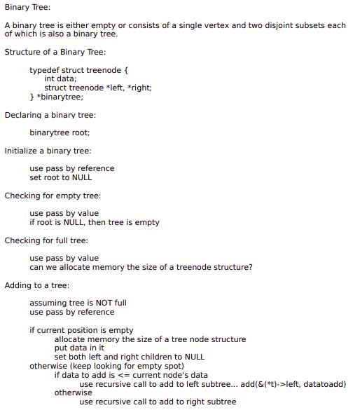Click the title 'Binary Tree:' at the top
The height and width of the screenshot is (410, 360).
click(x=26, y=7)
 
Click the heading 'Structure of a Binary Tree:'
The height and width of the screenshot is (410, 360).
click(x=55, y=53)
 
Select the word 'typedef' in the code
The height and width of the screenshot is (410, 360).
click(x=43, y=71)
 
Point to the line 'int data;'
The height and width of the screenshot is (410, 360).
click(x=60, y=79)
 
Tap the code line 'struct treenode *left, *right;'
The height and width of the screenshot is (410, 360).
click(x=98, y=88)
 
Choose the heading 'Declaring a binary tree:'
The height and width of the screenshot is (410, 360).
click(x=50, y=115)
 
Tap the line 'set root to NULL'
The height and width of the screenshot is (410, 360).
click(x=61, y=177)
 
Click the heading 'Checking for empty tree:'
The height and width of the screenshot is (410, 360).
click(x=53, y=196)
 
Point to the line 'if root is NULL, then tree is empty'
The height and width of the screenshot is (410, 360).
click(x=95, y=223)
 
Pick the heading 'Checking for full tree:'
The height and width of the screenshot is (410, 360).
click(x=46, y=240)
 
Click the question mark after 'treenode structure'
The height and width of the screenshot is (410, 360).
click(x=251, y=267)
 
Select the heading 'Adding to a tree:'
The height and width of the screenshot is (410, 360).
click(x=37, y=285)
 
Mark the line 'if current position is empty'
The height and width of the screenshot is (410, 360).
click(x=81, y=330)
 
